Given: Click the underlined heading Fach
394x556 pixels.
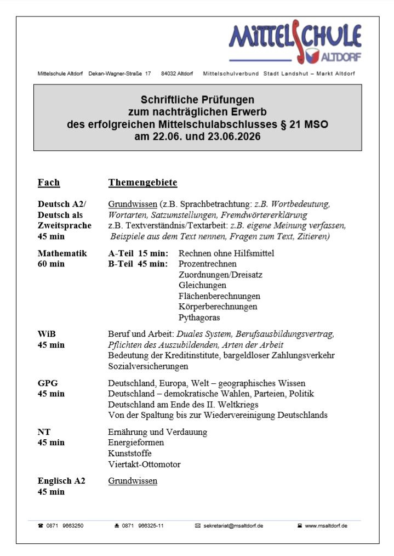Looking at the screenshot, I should [49, 183].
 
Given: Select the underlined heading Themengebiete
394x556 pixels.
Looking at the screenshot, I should [142, 183].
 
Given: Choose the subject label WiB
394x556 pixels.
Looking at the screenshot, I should [47, 334].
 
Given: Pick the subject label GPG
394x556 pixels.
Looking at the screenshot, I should [48, 383].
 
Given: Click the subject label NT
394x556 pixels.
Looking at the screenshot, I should [44, 432].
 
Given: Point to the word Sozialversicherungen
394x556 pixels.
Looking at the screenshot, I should [148, 366].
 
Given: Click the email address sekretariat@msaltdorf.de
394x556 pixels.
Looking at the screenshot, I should [233, 525].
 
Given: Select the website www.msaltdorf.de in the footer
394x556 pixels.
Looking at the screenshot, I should [326, 525].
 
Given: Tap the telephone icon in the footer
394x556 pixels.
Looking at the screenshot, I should [41, 525].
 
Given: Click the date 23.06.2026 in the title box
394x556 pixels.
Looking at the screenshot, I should [233, 137].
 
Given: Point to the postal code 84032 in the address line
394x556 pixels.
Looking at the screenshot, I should [169, 73].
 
